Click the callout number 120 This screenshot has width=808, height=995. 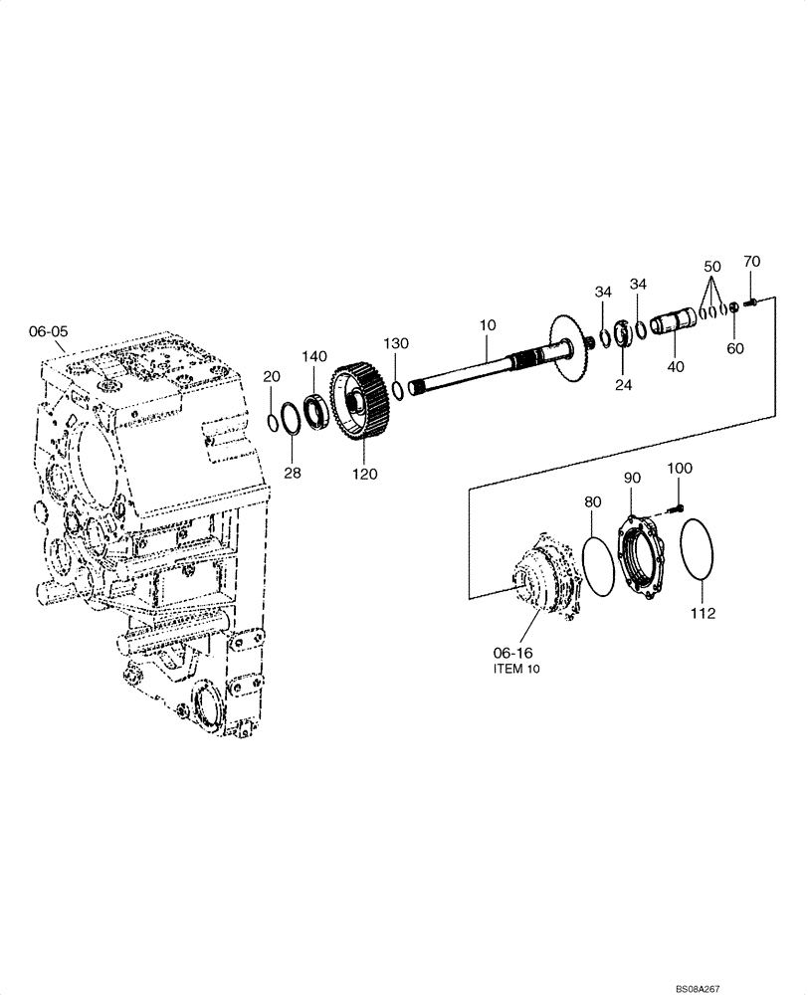[x=364, y=475]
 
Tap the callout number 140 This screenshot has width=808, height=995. [x=314, y=357]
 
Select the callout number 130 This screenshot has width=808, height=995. [x=396, y=343]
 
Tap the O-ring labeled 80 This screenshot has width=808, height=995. [x=598, y=567]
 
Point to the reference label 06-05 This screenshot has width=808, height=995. [x=49, y=331]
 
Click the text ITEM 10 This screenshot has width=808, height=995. [x=516, y=671]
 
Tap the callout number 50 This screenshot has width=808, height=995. [x=711, y=268]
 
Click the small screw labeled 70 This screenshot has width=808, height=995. [x=753, y=300]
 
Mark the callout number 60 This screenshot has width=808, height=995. [x=734, y=348]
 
